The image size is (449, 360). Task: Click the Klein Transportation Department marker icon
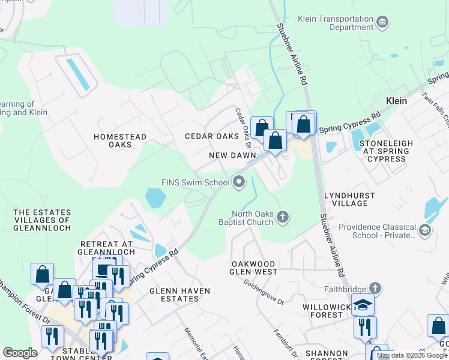382,23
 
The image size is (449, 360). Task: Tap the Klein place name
397,101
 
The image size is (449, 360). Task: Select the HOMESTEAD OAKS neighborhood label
120,140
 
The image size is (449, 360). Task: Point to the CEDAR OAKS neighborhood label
211,136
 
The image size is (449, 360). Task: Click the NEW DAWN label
230,155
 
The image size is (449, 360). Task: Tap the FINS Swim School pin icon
239,181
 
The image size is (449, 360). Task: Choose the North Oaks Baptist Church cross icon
282,217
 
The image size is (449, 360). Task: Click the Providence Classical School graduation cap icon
425,230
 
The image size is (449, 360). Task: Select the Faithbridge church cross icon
375,288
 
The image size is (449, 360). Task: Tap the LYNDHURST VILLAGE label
349,199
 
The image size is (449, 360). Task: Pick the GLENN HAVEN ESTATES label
179,295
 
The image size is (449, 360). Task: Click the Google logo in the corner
20,352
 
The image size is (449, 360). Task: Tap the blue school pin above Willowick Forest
363,304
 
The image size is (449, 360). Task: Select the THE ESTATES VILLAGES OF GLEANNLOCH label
42,220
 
